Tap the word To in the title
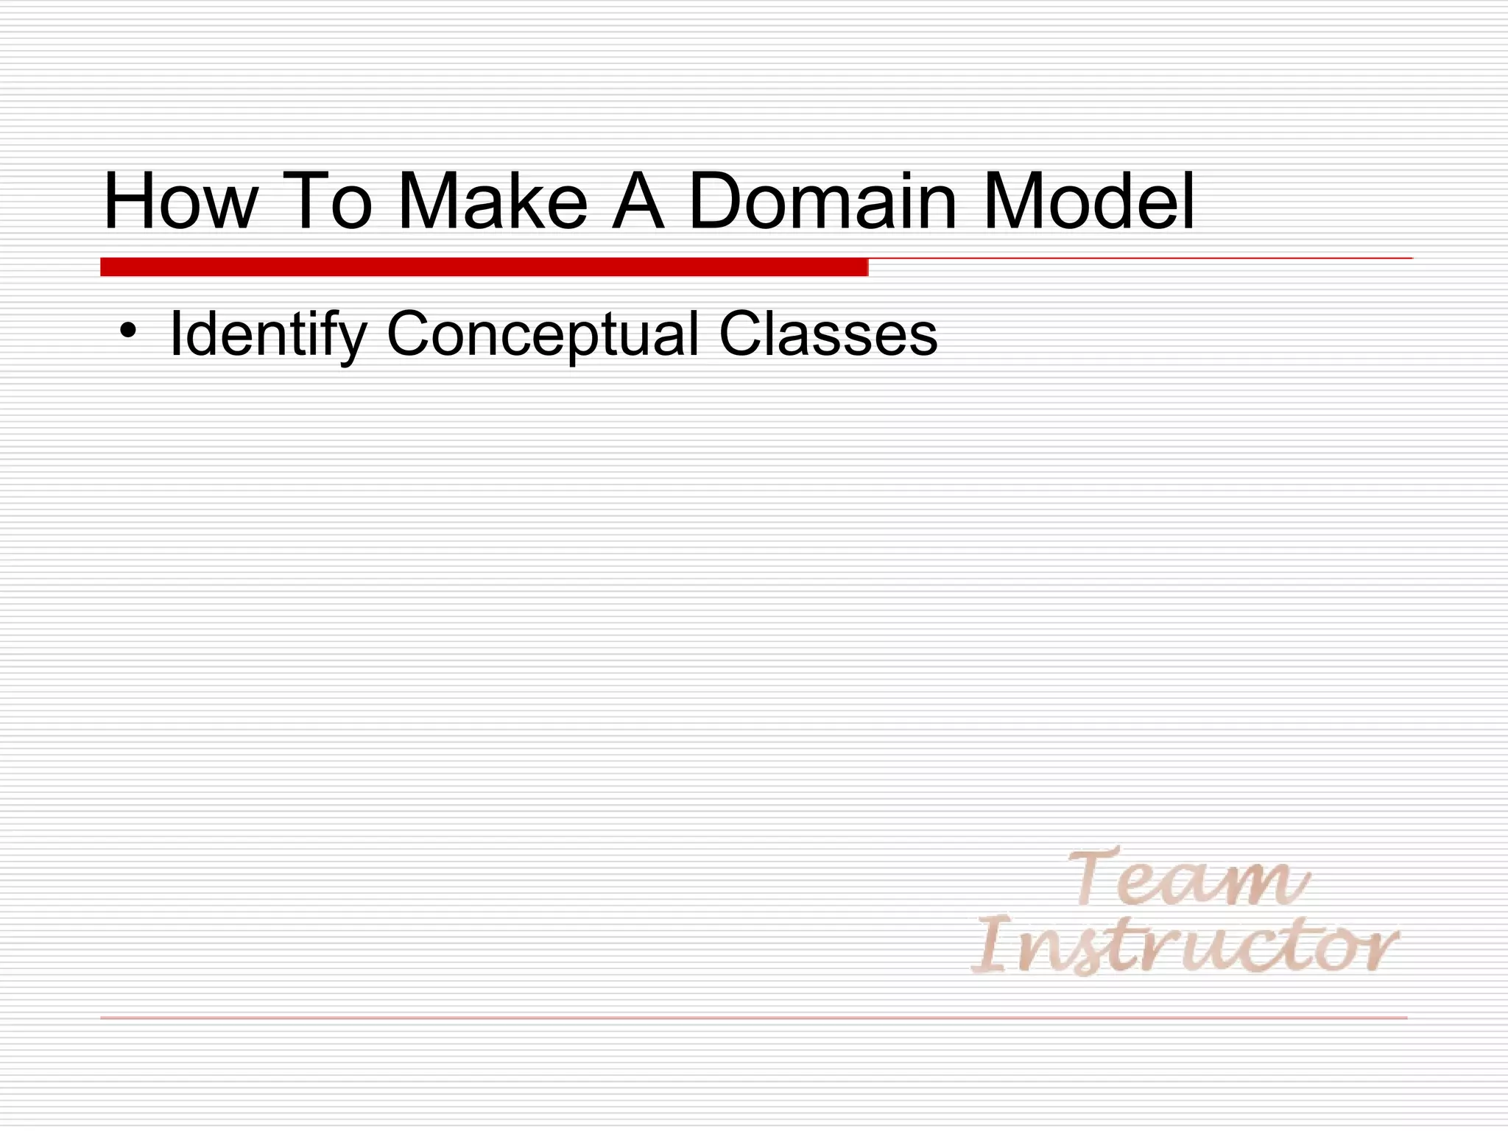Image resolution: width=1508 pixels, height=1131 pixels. pos(327,201)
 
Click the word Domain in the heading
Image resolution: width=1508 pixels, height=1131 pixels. pos(822,201)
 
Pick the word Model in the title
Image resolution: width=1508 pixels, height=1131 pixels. pos(1088,201)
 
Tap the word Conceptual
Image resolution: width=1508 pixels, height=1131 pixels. pos(542,336)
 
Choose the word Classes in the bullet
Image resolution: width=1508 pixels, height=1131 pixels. pos(828,335)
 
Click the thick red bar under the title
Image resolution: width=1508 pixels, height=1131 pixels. pos(484,267)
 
